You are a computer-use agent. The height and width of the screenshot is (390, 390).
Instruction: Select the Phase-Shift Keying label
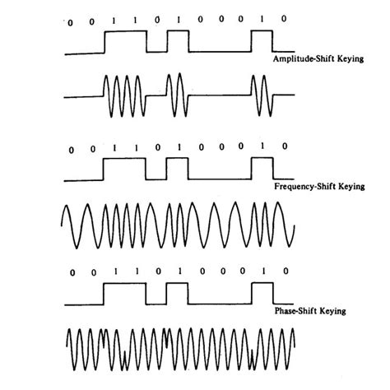coord(309,312)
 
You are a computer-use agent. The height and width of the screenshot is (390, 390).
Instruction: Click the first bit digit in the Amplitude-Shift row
coord(71,21)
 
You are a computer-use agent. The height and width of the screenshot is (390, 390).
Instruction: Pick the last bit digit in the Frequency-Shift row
coord(283,146)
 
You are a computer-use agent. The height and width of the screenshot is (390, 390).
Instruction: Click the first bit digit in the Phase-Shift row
coord(72,272)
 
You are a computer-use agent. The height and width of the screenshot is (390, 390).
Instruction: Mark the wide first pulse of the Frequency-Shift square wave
coord(124,170)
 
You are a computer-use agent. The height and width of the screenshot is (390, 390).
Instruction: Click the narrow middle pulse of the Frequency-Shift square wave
coord(178,170)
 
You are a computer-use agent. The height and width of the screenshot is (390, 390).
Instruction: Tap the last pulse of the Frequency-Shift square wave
coord(262,170)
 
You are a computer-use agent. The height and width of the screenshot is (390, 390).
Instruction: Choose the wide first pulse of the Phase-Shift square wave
coord(124,294)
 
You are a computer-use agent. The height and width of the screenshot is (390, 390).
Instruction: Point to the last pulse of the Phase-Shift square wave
coord(262,294)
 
